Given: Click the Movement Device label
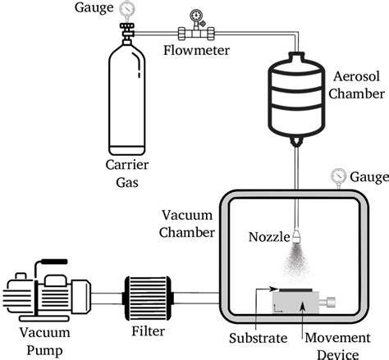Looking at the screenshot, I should click(332, 344).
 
